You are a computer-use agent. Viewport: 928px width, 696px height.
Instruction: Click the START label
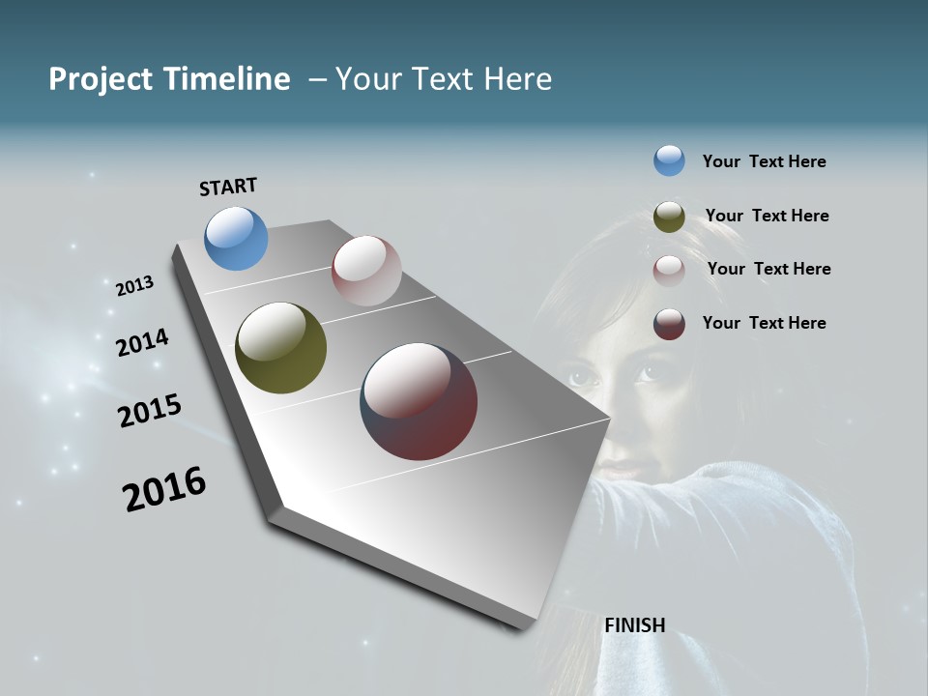[x=228, y=186]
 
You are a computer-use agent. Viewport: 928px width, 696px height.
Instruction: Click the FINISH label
[x=634, y=625]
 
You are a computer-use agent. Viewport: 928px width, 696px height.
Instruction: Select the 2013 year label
[x=134, y=286]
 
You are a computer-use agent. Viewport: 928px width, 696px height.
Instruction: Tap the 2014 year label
[x=142, y=342]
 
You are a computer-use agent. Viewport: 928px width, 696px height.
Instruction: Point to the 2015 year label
[x=149, y=411]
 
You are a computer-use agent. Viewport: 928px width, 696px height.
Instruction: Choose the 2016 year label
[x=164, y=489]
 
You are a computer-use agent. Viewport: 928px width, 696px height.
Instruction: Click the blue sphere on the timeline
[x=236, y=238]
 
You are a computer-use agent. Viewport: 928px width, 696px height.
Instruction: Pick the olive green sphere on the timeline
[x=280, y=348]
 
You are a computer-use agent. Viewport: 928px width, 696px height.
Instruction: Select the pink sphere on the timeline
[x=366, y=271]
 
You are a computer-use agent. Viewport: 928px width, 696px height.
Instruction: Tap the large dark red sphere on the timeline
[x=419, y=401]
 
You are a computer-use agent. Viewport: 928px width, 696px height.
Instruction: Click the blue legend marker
[x=669, y=160]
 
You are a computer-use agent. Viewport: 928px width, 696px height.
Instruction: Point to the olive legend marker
[x=669, y=217]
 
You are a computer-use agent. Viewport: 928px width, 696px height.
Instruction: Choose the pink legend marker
[x=669, y=270]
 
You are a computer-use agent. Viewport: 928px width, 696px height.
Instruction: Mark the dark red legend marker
[x=669, y=324]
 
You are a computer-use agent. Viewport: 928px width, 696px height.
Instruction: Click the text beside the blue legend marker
[x=764, y=161]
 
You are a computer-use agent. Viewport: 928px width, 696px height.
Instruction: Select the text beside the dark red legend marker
[x=764, y=323]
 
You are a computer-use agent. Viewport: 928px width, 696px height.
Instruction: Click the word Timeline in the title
[x=228, y=79]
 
